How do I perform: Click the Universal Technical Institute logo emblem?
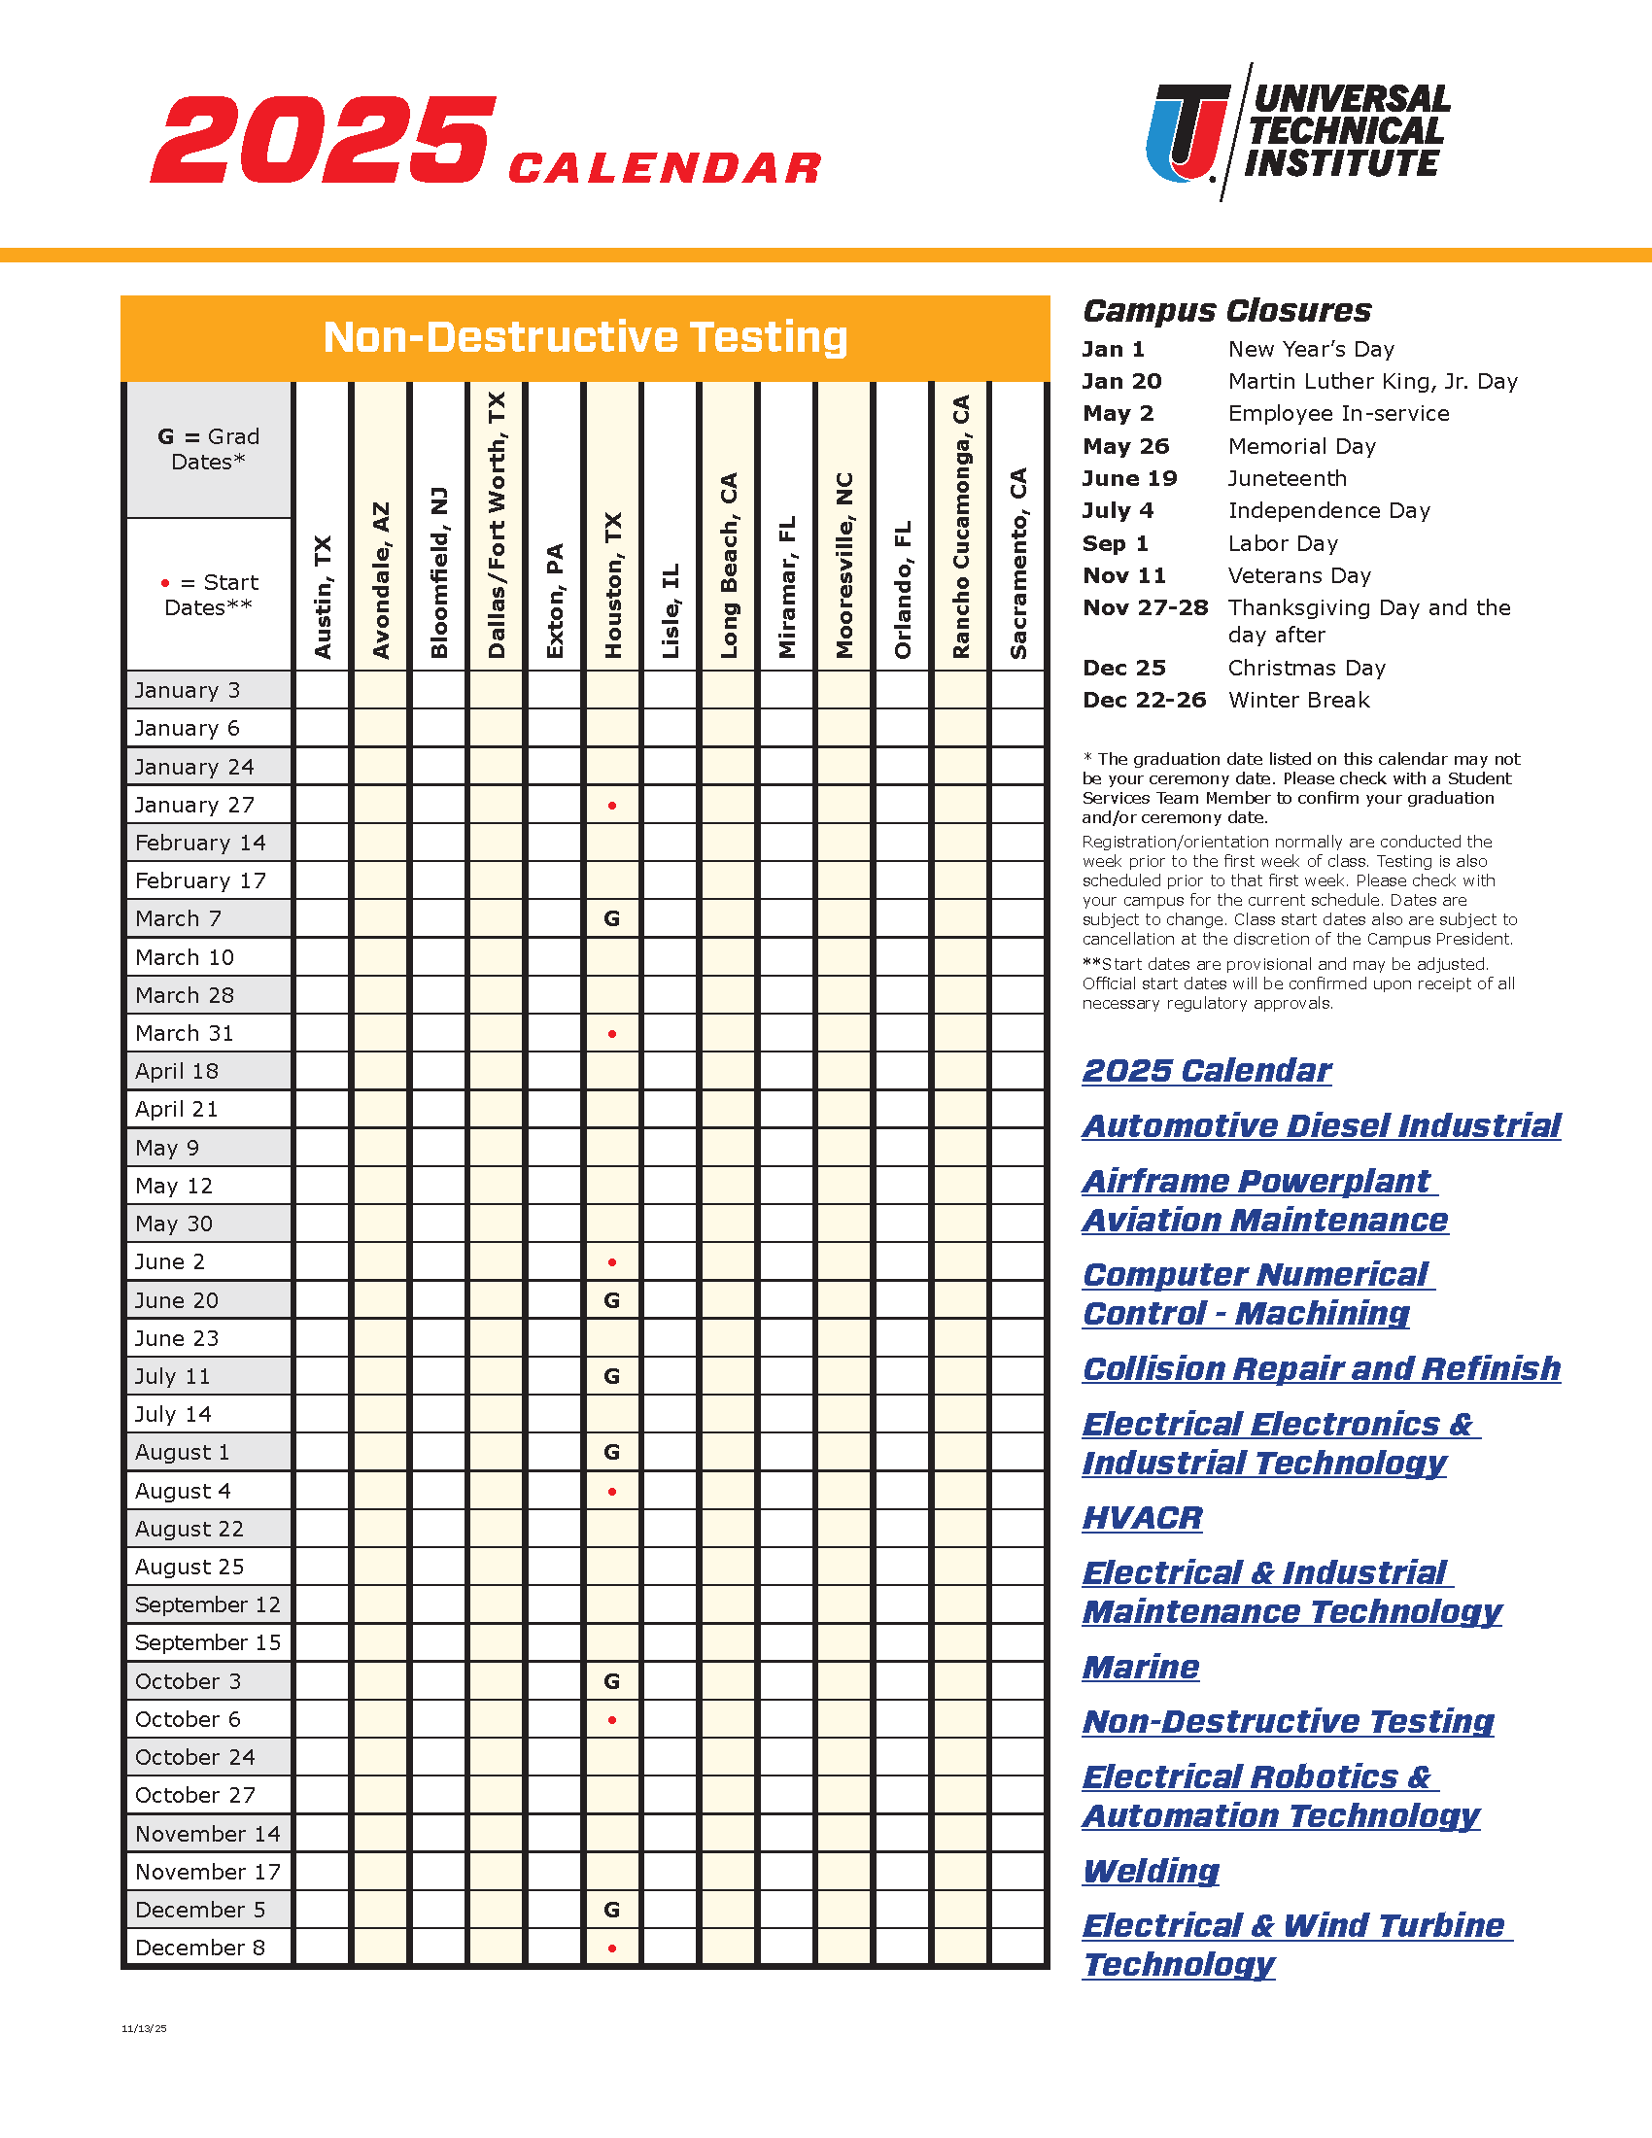[x=1187, y=132]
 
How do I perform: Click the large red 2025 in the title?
[x=323, y=140]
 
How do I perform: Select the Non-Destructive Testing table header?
[x=585, y=338]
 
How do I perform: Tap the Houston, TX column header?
[x=612, y=584]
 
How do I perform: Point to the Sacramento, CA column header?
[x=1017, y=563]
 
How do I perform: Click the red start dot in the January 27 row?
[x=612, y=806]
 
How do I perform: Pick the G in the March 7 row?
[x=611, y=918]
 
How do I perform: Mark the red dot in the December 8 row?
[x=612, y=1948]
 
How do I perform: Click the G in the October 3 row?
[x=611, y=1681]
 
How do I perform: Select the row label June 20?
[x=177, y=1300]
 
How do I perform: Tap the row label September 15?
[x=208, y=1642]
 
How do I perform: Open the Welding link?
[x=1151, y=1871]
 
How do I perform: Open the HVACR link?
[x=1142, y=1517]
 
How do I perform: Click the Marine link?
[x=1141, y=1666]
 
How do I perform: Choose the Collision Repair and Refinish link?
[x=1322, y=1368]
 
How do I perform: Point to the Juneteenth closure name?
[x=1287, y=479]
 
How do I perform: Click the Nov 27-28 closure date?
[x=1145, y=608]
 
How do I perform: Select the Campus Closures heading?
[x=1227, y=310]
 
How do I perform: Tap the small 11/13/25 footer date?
[x=144, y=2028]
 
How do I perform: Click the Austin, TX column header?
[x=323, y=596]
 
